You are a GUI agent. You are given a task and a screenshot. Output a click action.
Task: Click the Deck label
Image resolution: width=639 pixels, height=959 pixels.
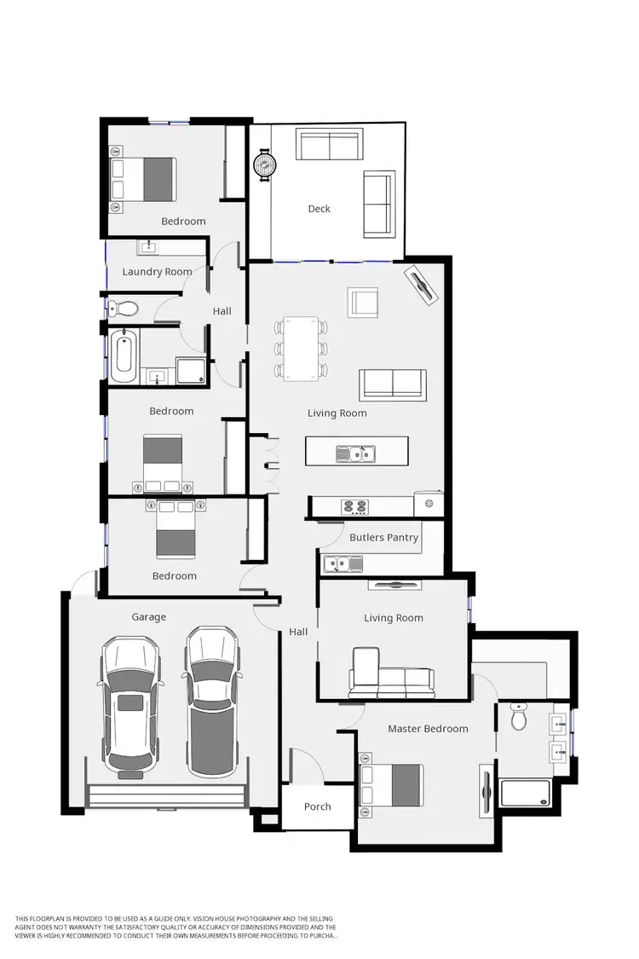click(x=319, y=209)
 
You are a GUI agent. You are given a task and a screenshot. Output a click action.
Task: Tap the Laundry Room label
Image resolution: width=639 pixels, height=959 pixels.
click(x=157, y=272)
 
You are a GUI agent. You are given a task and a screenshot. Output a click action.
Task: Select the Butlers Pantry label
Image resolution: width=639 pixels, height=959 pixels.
click(x=384, y=537)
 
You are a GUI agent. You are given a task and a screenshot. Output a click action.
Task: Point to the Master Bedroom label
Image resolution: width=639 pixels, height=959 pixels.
click(x=428, y=729)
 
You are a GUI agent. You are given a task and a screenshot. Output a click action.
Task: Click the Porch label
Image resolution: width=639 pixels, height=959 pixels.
click(x=317, y=806)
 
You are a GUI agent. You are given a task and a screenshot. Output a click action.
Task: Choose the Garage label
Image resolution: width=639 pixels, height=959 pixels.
click(x=148, y=616)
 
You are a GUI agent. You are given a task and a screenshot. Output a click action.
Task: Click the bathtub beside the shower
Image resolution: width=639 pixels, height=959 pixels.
click(x=124, y=356)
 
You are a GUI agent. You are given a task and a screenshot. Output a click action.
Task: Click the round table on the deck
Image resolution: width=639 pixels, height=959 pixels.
click(x=265, y=164)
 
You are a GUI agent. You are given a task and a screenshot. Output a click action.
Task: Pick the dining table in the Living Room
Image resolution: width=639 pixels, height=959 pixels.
click(x=301, y=348)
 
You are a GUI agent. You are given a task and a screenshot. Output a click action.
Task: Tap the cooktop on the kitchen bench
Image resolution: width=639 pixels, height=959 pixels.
click(x=354, y=507)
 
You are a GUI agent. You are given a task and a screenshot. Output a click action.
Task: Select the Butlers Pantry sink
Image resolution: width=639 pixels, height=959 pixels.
click(x=342, y=563)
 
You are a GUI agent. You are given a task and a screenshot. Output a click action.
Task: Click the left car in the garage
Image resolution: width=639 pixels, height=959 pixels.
click(x=130, y=708)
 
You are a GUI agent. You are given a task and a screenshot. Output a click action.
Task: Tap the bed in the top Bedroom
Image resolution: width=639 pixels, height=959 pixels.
click(x=144, y=179)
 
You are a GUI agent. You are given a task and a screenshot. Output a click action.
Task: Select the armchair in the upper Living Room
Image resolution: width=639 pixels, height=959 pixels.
click(x=363, y=303)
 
